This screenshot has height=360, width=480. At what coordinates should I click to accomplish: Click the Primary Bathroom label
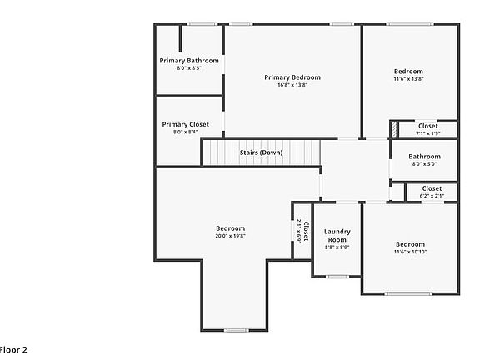pyautogui.click(x=189, y=61)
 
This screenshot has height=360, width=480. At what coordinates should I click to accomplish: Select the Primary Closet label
pyautogui.click(x=186, y=124)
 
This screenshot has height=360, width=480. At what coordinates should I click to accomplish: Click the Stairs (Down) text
pyautogui.click(x=261, y=152)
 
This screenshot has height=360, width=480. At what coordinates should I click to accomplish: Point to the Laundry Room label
pyautogui.click(x=337, y=235)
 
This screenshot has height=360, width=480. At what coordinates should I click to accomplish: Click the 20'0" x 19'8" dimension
pyautogui.click(x=230, y=236)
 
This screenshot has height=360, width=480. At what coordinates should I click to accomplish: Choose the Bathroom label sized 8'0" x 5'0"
pyautogui.click(x=424, y=157)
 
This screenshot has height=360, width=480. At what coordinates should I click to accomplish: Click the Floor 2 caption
pyautogui.click(x=13, y=350)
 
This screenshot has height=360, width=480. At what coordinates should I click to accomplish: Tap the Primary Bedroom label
pyautogui.click(x=292, y=77)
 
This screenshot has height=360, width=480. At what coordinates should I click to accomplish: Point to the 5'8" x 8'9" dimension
pyautogui.click(x=337, y=247)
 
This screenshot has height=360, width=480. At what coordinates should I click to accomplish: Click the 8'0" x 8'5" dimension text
pyautogui.click(x=189, y=68)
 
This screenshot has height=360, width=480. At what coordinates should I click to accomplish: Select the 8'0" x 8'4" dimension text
pyautogui.click(x=186, y=132)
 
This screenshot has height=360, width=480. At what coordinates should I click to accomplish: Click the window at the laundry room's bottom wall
pyautogui.click(x=337, y=276)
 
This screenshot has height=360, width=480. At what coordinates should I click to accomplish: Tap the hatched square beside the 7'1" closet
pyautogui.click(x=393, y=129)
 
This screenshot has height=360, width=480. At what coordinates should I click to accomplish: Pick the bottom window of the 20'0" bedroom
pyautogui.click(x=237, y=330)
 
